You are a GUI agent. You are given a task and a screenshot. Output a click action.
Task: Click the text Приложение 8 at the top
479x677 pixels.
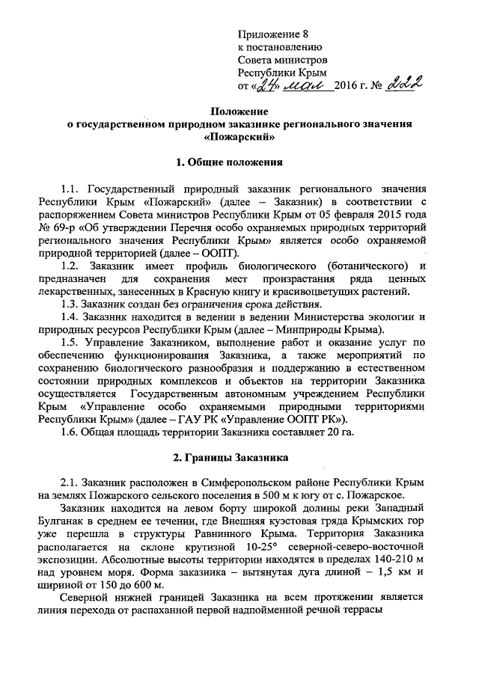pos(272,34)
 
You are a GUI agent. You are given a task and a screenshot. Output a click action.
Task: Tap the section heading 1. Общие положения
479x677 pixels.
pos(239,162)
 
